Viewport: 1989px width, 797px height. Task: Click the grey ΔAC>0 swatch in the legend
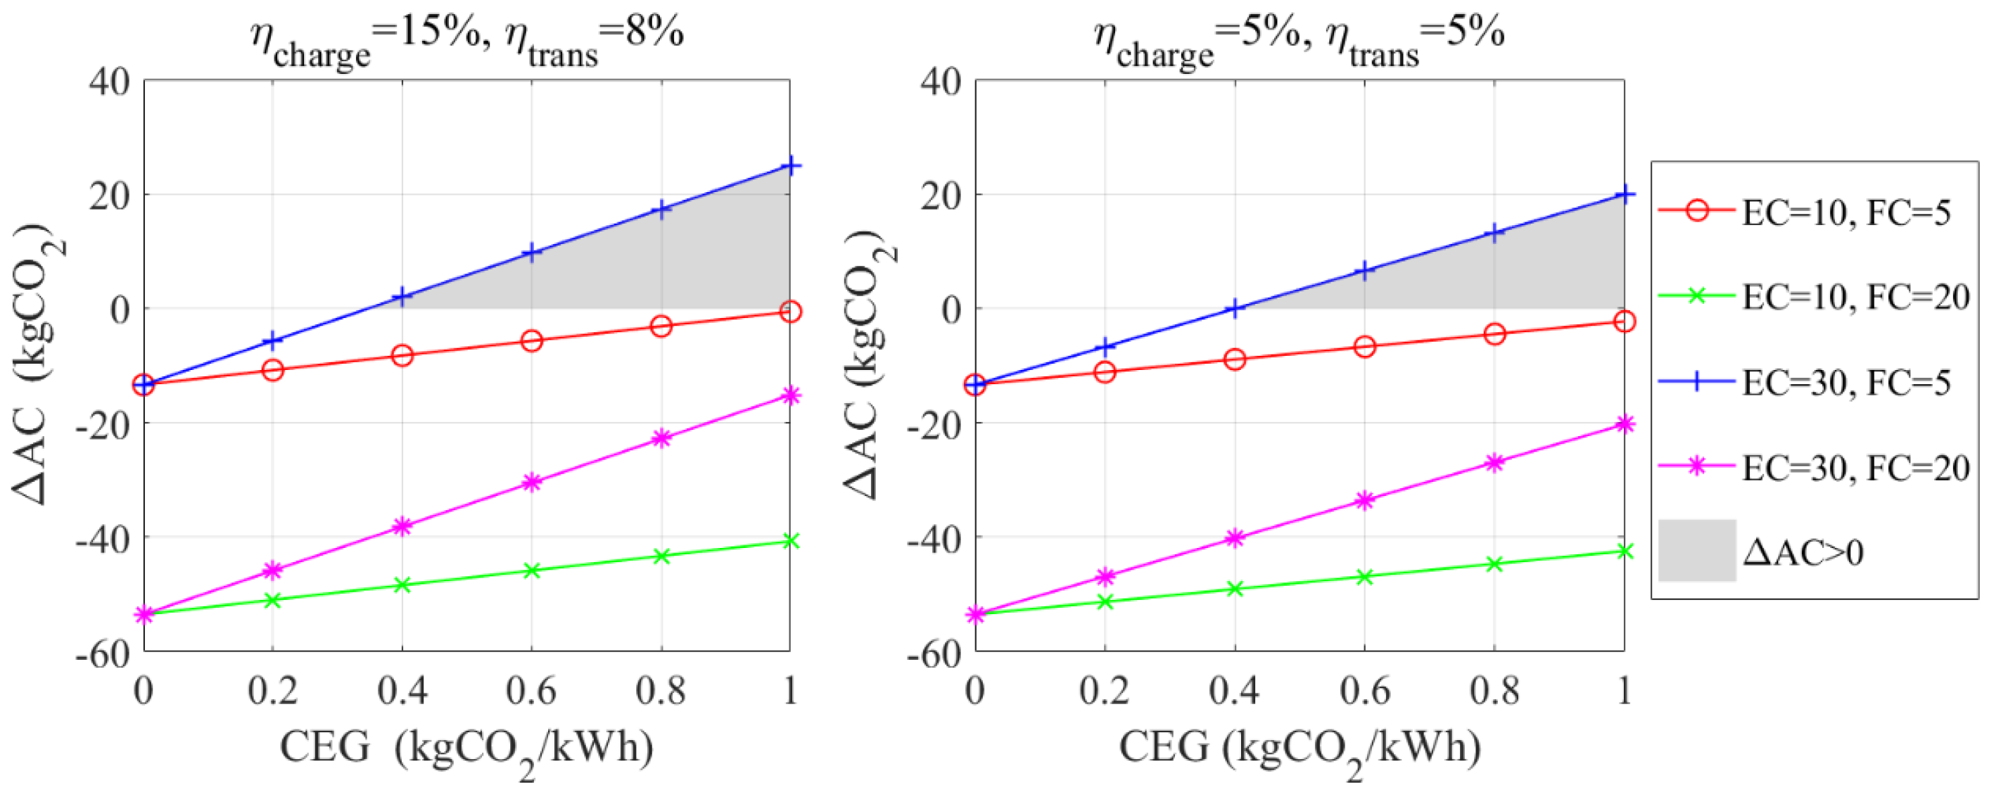[x=1697, y=551]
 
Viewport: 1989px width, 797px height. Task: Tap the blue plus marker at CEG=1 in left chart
[x=790, y=166]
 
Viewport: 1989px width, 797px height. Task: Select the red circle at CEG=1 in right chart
[x=1625, y=321]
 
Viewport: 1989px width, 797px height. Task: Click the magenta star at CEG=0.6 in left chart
[x=531, y=483]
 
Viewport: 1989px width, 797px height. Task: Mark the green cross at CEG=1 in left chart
[x=790, y=541]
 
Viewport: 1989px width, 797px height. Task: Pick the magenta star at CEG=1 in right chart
[x=1625, y=423]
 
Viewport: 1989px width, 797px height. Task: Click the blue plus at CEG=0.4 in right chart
[x=1235, y=308]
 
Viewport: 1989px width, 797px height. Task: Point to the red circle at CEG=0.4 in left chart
[x=402, y=355]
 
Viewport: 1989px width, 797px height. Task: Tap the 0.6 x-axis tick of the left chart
[x=531, y=689]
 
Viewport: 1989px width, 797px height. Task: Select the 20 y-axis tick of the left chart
[x=109, y=196]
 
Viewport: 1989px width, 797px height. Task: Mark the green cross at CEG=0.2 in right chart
[x=1105, y=601]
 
